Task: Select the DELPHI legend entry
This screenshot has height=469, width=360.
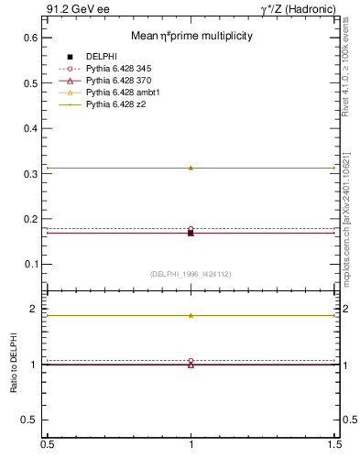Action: [x=100, y=57]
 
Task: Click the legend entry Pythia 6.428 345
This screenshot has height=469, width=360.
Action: [x=123, y=69]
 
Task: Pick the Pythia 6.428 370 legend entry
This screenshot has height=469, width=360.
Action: [x=123, y=81]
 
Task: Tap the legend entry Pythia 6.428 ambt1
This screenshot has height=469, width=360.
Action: [x=125, y=93]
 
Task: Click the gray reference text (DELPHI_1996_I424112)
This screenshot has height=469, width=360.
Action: [x=191, y=273]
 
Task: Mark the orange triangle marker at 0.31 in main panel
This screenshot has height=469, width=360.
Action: [x=191, y=168]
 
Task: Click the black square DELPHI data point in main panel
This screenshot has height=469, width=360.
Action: [x=191, y=234]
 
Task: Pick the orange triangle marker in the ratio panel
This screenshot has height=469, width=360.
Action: [x=191, y=315]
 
